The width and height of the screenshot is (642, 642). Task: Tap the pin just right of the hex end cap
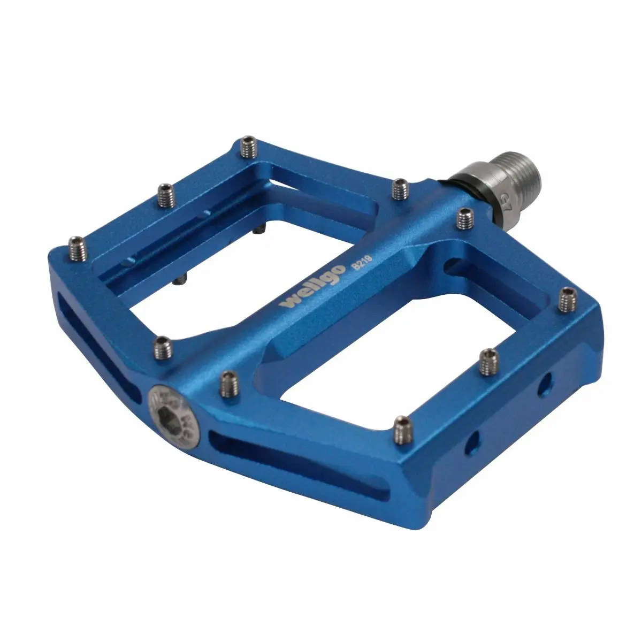coord(228,381)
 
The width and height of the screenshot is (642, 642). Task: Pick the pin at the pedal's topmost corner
coord(248,148)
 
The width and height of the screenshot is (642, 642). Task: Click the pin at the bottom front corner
coord(401,430)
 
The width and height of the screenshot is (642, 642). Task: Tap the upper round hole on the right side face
coord(545,381)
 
